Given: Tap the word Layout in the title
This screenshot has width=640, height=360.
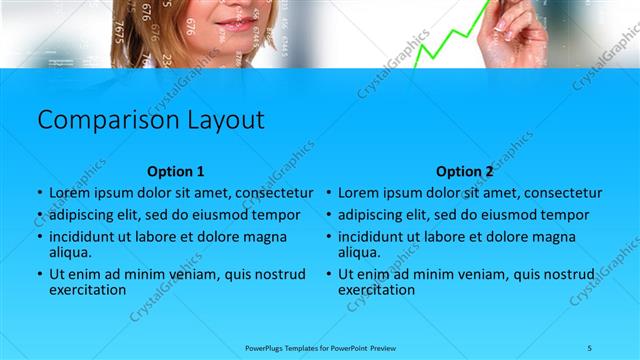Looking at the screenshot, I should click(225, 121).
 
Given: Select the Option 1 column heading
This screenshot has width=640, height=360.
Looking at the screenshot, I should click(175, 171).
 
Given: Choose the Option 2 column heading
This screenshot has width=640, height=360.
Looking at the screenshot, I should click(465, 171).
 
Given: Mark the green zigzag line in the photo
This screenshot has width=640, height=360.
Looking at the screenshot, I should click(445, 40).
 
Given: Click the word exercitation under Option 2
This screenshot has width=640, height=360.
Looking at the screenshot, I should click(376, 290).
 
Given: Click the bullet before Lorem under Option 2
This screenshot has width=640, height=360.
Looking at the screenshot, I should click(329, 193).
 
